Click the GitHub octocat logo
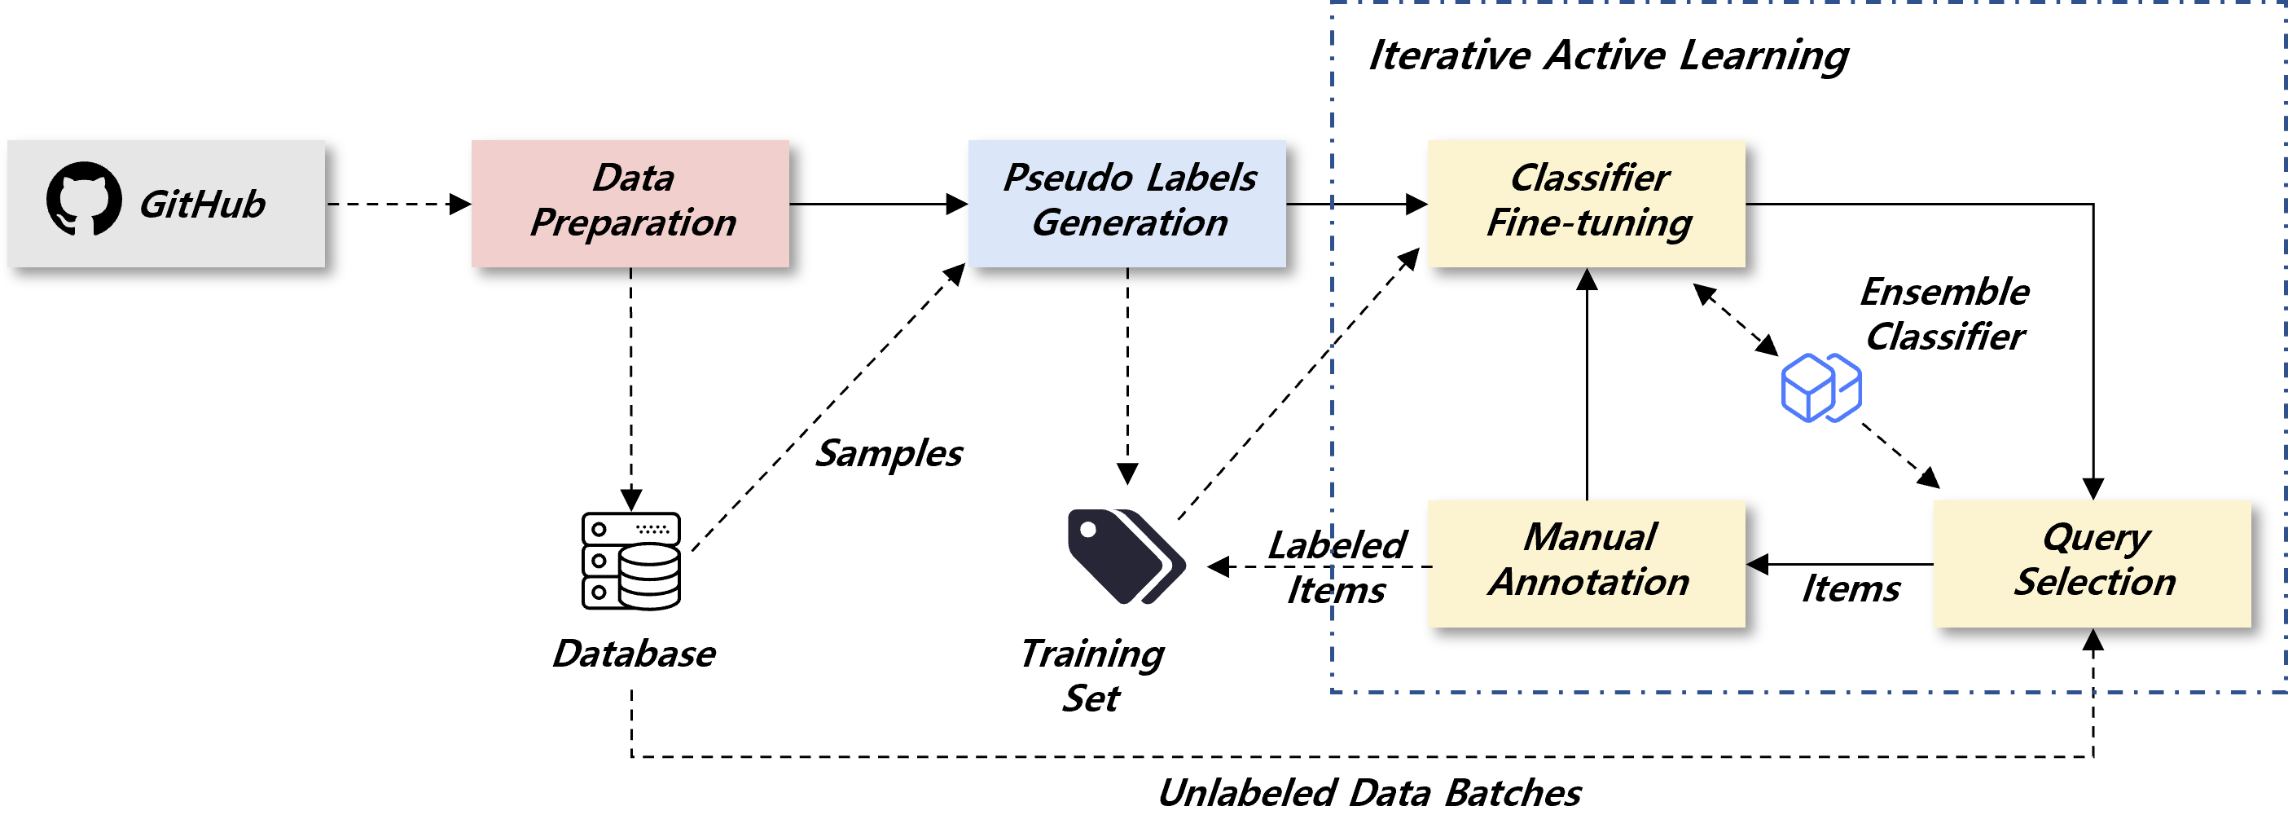[85, 199]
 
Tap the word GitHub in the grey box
[203, 205]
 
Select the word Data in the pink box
[632, 178]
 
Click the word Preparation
[632, 222]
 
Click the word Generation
[1129, 222]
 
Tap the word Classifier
[1589, 178]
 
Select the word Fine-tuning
[1589, 222]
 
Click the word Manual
[1589, 537]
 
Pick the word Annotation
[1589, 582]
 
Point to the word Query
[2095, 537]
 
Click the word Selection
[2093, 582]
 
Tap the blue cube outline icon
[1820, 388]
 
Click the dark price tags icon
[1126, 556]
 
